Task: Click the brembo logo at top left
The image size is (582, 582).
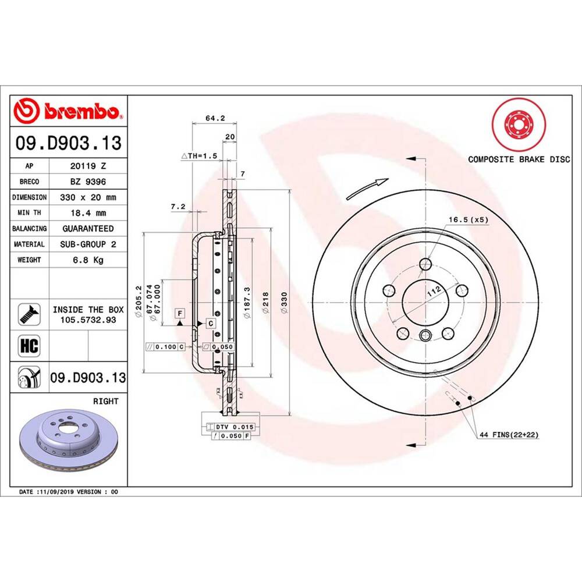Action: (69, 111)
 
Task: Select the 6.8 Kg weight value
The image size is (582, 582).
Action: (87, 260)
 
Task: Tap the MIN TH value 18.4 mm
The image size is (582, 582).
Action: (87, 213)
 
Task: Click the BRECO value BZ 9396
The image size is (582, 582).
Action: (87, 182)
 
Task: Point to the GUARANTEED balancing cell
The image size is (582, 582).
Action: (87, 229)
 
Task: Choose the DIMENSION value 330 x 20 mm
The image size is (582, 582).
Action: (87, 197)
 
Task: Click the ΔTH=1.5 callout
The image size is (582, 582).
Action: (199, 156)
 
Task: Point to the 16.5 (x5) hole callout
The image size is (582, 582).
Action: (467, 219)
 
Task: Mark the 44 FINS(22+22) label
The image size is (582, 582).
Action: (508, 435)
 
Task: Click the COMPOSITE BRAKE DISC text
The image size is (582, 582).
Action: (519, 159)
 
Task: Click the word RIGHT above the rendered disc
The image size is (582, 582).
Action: (106, 401)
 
